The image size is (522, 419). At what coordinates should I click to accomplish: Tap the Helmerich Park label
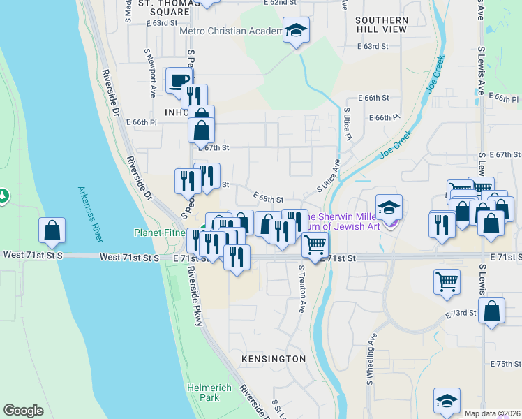[x=203, y=392]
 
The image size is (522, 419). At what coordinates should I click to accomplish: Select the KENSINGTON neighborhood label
[x=274, y=359]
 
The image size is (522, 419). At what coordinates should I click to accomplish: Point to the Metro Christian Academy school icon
[x=296, y=31]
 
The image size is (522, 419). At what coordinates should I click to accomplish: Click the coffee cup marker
[x=179, y=80]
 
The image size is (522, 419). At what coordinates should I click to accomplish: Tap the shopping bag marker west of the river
[x=52, y=230]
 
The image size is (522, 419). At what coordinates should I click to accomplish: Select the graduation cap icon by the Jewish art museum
[x=389, y=207]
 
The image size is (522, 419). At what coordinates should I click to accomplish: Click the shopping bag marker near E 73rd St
[x=492, y=311]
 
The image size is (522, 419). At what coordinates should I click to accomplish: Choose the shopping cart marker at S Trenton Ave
[x=315, y=245]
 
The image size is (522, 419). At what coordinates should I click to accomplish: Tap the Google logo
[x=23, y=411]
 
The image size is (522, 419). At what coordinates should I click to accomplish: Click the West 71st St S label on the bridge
[x=130, y=258]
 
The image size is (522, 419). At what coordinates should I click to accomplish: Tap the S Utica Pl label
[x=347, y=121]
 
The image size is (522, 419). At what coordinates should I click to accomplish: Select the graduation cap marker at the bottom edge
[x=447, y=400]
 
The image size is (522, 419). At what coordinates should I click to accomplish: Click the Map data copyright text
[x=491, y=413]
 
